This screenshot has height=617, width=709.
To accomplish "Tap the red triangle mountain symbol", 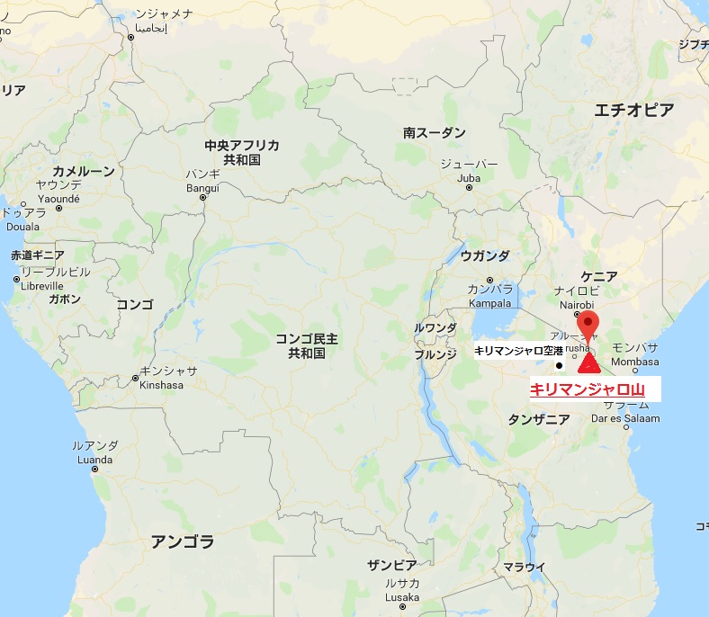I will point(589,364).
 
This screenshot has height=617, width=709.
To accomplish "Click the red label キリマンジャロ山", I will point(587,389).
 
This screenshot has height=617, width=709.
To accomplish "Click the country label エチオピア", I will point(633,111).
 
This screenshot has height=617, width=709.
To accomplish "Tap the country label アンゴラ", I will point(183,541).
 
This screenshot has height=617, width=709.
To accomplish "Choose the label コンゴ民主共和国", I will point(307,346).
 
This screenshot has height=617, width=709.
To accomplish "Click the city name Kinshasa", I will point(162,385).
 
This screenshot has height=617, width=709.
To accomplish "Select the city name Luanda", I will point(95,458).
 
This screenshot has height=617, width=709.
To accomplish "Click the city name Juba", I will point(469,178).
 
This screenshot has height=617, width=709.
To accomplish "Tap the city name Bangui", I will point(202,187).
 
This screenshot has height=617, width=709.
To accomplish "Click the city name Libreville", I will point(41,285).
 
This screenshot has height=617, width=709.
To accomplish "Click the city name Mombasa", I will point(634,362).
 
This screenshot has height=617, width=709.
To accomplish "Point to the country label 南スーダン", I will point(435,132).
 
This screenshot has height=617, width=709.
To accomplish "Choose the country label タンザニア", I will point(539,419).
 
